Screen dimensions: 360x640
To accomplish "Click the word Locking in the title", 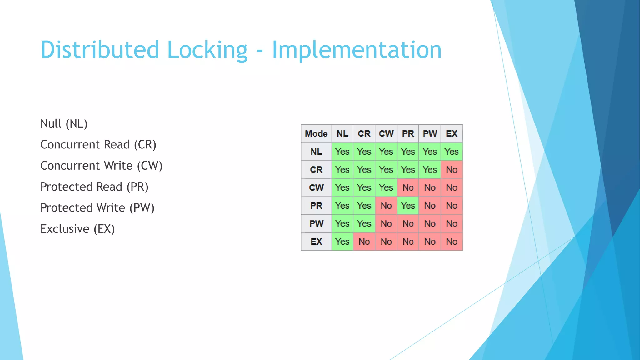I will [207, 50].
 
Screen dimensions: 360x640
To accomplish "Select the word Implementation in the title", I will [357, 50].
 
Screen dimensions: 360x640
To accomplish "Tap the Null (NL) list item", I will [64, 124].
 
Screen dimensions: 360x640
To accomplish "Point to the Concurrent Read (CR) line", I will [98, 145].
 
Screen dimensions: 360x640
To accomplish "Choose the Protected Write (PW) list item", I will [97, 208].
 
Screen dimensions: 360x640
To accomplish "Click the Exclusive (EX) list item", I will [77, 229].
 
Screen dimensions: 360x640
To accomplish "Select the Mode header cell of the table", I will [316, 134].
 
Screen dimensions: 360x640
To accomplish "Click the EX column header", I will [452, 134].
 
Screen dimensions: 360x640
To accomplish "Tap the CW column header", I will [386, 134].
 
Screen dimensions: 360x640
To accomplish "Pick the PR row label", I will [316, 206].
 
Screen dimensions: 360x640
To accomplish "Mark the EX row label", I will [316, 242].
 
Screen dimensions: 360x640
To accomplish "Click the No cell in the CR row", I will [452, 170].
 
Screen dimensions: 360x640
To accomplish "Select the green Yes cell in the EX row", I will [342, 242].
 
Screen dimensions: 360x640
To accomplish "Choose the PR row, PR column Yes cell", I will [408, 206].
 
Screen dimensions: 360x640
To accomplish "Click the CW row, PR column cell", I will [408, 188].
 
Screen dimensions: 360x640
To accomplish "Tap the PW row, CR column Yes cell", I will [364, 224].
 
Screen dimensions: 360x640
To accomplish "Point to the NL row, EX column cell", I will [452, 152].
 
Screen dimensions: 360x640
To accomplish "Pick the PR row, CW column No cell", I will [386, 206].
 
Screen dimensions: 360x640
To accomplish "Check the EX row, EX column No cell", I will [452, 242].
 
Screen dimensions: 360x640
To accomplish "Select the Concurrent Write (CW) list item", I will [101, 166].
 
